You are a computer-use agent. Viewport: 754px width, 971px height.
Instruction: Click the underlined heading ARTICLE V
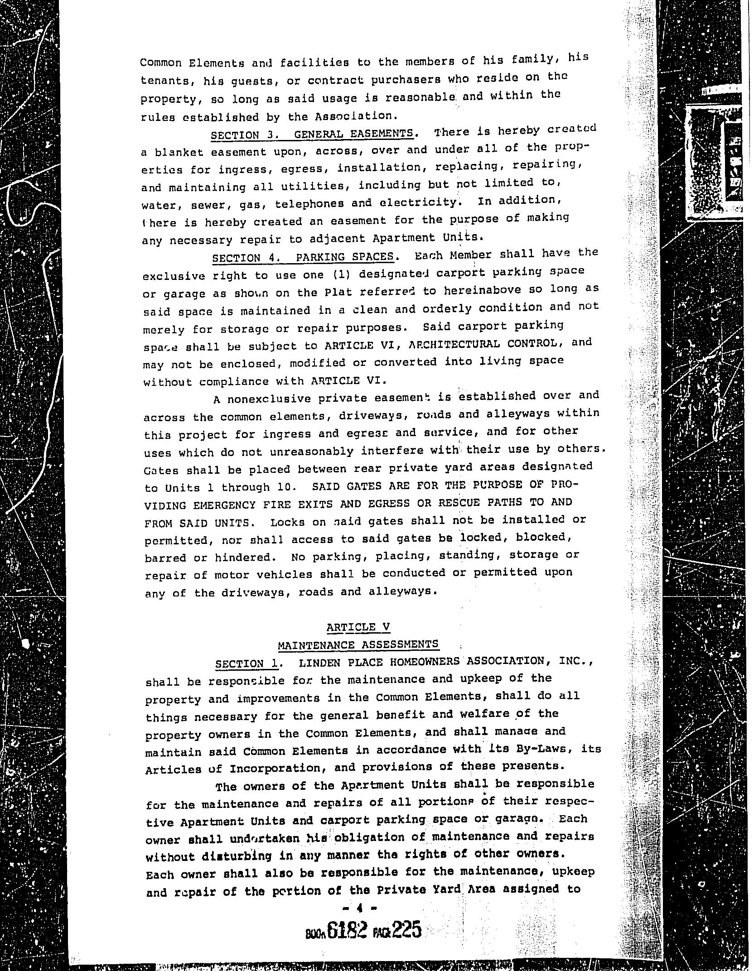pyautogui.click(x=358, y=627)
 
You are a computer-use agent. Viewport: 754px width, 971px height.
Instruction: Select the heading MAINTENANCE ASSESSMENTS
pyautogui.click(x=358, y=644)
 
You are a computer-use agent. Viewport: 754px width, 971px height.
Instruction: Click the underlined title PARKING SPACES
pyautogui.click(x=344, y=257)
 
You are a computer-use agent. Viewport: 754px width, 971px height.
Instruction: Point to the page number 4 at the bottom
pyautogui.click(x=361, y=908)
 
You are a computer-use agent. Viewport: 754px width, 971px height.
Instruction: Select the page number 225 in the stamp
pyautogui.click(x=406, y=929)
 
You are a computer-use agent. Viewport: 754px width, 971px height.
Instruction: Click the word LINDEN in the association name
pyautogui.click(x=319, y=663)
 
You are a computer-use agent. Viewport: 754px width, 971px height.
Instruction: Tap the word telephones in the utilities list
pyautogui.click(x=309, y=203)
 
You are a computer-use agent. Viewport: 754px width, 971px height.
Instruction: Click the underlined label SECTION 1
pyautogui.click(x=247, y=664)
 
